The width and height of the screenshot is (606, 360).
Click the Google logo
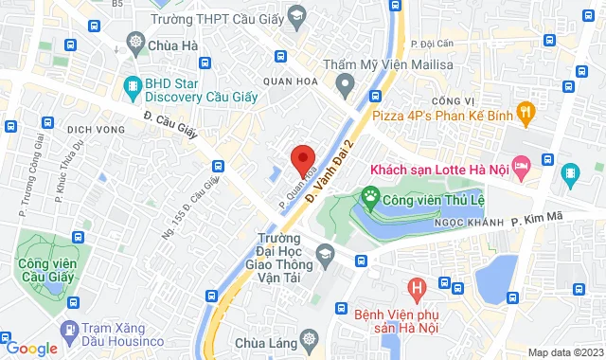tap(30, 348)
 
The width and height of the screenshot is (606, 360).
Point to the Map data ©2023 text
tap(564, 352)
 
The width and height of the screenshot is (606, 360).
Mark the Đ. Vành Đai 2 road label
tap(333, 170)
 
